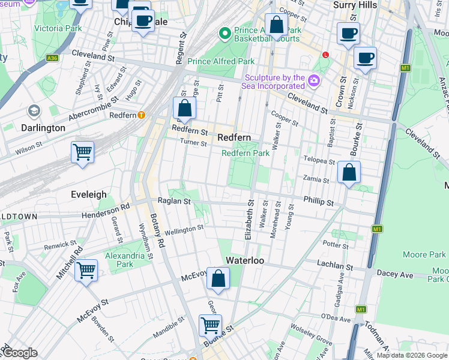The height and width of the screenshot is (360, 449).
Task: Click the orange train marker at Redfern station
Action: tap(141, 115)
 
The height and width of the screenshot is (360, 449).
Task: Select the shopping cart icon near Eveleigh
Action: tap(82, 152)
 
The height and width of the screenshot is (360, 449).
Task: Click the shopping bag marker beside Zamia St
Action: tap(349, 173)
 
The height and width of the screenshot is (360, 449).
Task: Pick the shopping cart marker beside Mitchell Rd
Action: tap(86, 271)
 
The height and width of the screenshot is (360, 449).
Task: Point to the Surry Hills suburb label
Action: tap(354, 5)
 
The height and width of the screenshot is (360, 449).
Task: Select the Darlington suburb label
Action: tap(43, 128)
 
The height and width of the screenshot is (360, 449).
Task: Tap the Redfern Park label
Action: tap(246, 153)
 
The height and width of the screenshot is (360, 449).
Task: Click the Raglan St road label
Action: tap(173, 202)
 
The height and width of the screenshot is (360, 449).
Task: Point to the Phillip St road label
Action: tap(318, 203)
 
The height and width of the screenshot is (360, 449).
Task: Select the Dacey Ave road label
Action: tap(395, 274)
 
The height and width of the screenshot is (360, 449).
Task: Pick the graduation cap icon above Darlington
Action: tap(34, 112)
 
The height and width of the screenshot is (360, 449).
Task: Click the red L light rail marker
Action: tap(325, 55)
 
